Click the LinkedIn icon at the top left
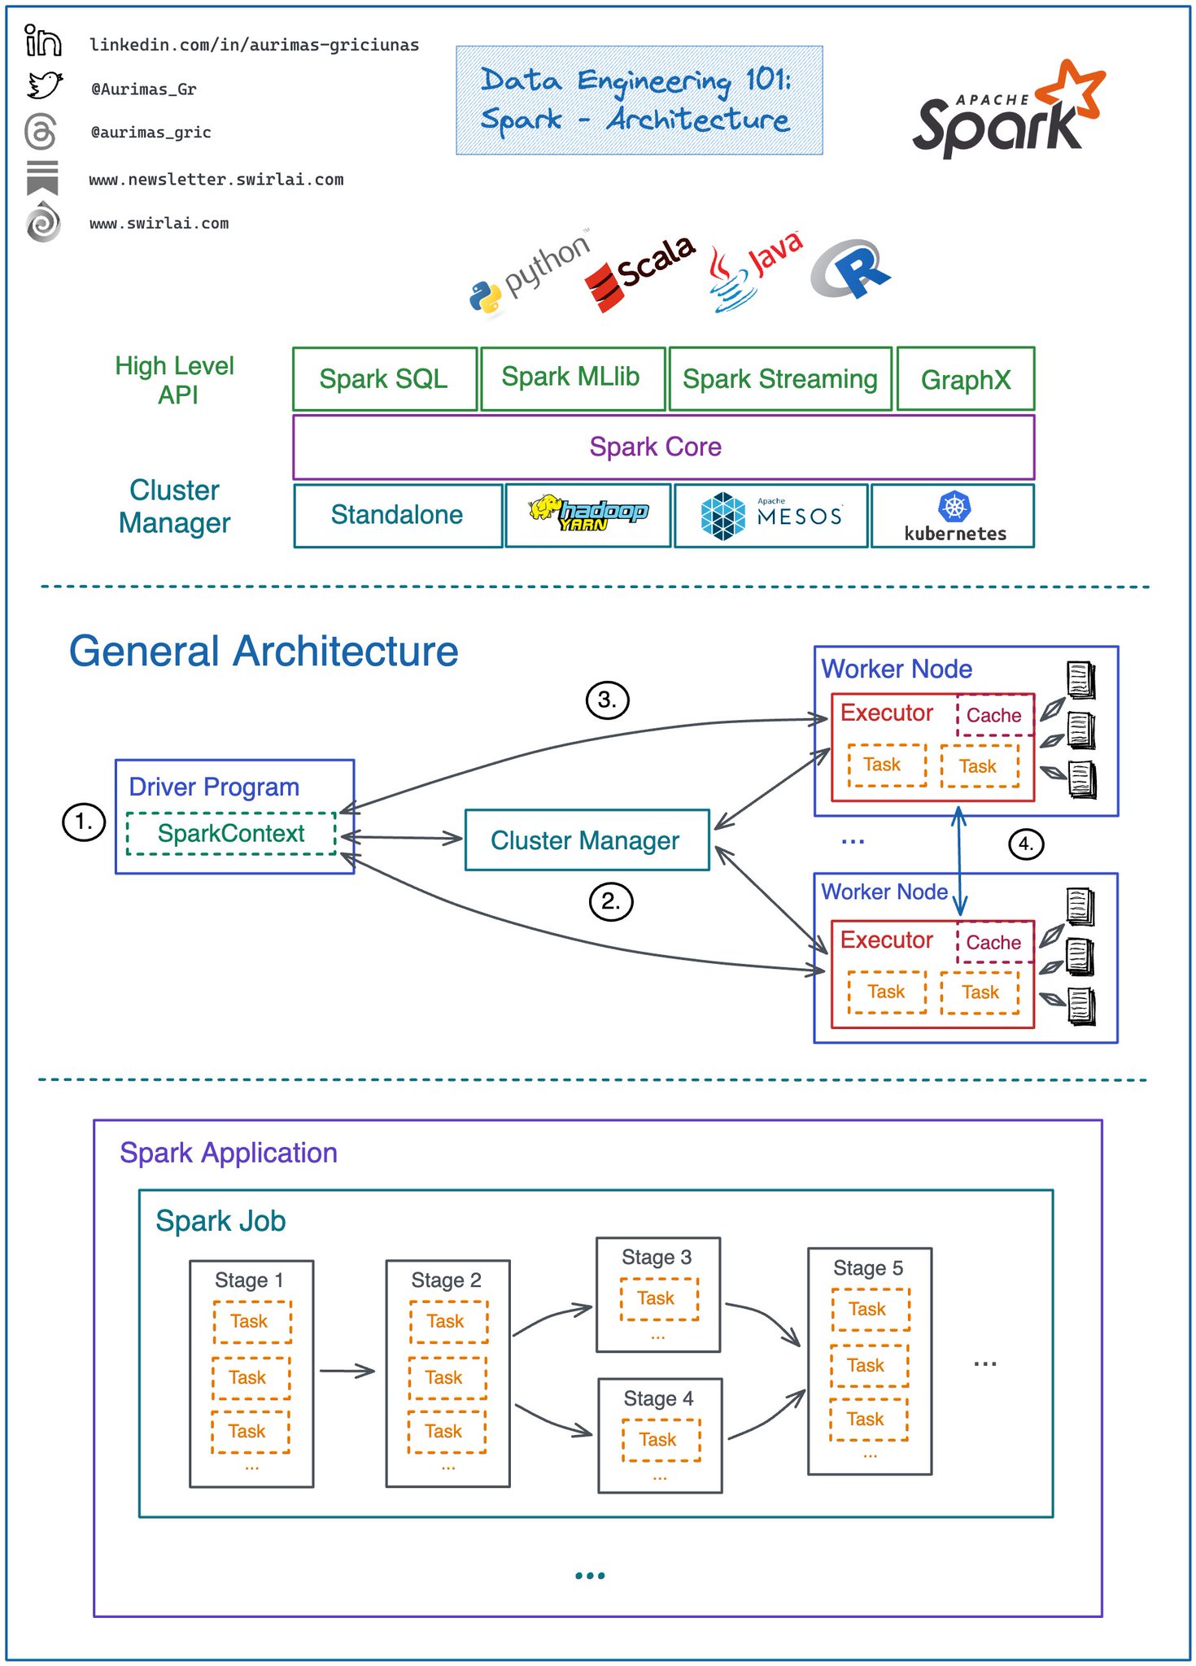coord(42,41)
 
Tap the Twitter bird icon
coord(44,85)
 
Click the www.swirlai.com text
coord(159,224)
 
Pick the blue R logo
coord(851,268)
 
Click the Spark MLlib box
coord(572,377)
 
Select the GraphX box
coord(965,379)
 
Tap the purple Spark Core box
coord(663,447)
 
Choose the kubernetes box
coord(953,516)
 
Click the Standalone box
coord(397,515)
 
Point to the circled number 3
coord(607,700)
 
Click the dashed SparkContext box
coord(231,834)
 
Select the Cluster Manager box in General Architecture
coord(586,840)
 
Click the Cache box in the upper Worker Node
coord(993,716)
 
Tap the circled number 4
coord(1025,844)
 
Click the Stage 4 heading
coord(658,1398)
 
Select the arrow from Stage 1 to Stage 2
coord(347,1371)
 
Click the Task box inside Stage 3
coord(657,1298)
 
